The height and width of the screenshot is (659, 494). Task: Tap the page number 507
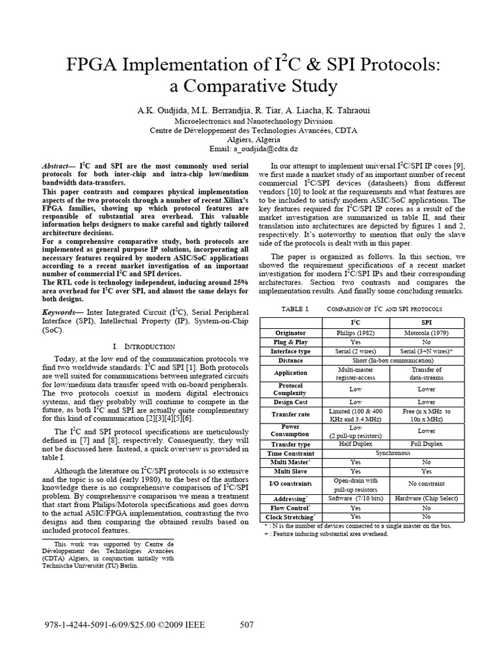pos(248,624)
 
